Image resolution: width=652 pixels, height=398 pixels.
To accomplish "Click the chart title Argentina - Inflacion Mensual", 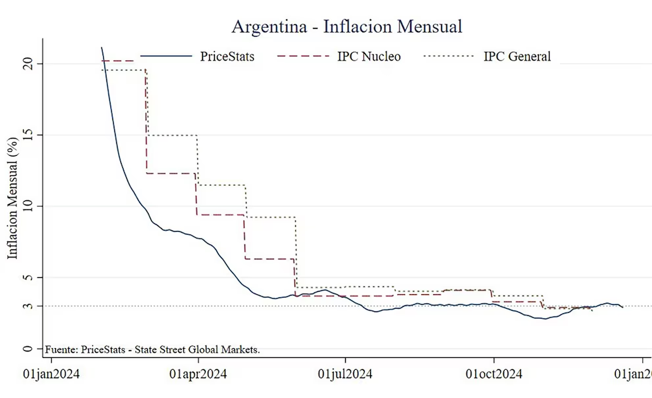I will [x=346, y=26].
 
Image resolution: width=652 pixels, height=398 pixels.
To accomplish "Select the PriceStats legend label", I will [x=227, y=56].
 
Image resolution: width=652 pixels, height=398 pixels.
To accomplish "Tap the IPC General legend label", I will [x=517, y=56].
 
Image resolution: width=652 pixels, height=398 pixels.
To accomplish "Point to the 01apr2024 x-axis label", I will [x=198, y=375].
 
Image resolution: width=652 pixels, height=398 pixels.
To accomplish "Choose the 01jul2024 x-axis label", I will [x=346, y=375].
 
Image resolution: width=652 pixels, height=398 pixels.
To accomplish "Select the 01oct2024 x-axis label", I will [x=494, y=375].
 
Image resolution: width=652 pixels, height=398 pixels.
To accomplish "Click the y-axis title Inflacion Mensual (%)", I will [x=12, y=198].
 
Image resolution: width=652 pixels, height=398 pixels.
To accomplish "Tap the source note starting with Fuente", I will [x=152, y=350].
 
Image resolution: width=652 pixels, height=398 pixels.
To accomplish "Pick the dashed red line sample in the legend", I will [x=304, y=56].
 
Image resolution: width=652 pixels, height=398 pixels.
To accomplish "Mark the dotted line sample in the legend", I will [x=449, y=56].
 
